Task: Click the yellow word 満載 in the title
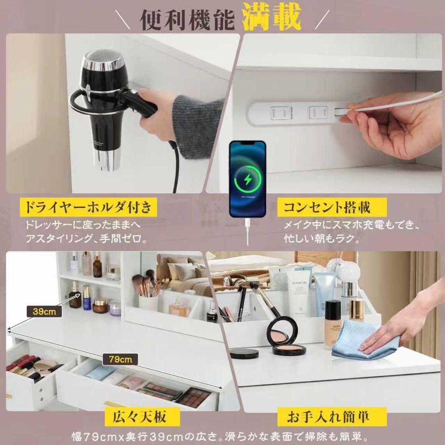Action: [272, 17]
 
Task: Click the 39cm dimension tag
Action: [44, 311]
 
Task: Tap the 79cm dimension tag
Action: [120, 359]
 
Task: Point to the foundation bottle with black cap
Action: [333, 324]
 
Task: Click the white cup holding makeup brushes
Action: [148, 302]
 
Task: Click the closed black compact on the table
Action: [244, 353]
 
